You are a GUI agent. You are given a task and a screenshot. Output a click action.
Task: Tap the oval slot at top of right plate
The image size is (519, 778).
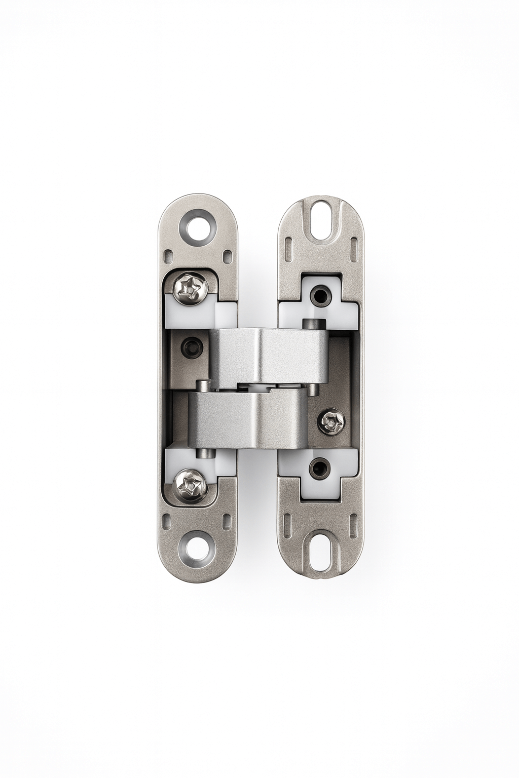(x=320, y=222)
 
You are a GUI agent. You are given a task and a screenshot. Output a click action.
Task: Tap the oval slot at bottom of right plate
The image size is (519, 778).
(x=320, y=557)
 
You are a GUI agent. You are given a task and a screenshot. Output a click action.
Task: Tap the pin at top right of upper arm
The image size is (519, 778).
(x=312, y=324)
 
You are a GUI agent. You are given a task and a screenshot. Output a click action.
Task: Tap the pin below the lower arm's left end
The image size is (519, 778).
(x=203, y=455)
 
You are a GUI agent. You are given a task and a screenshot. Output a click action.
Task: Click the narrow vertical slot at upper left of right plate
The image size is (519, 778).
(x=289, y=251)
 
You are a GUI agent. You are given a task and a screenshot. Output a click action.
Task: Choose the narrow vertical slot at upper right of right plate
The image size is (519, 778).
(x=352, y=251)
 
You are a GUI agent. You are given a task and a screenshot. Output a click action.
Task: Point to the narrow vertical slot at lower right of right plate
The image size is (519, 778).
(x=352, y=527)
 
